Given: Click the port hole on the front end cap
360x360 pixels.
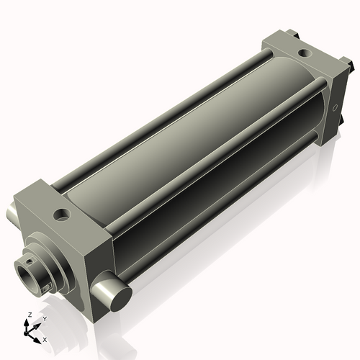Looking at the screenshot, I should (63, 214).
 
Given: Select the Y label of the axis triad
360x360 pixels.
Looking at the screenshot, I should (45, 318).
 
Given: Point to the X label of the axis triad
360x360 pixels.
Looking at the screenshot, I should (45, 338).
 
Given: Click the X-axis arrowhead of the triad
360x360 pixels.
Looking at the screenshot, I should (39, 336).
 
